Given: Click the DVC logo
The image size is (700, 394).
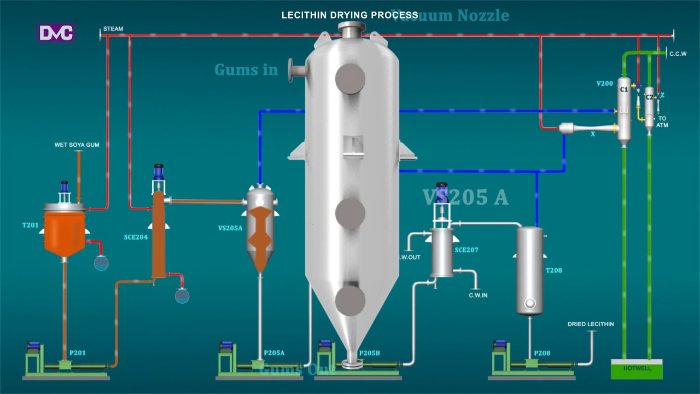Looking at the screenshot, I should tap(56, 33).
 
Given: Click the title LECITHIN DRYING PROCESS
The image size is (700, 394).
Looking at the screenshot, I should tap(349, 15).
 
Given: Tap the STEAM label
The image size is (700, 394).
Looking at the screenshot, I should tap(113, 29).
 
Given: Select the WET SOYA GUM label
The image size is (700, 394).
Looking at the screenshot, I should tap(77, 145).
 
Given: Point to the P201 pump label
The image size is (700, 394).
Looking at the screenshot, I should tap(77, 353).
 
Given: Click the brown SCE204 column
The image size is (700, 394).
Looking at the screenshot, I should tap(159, 235).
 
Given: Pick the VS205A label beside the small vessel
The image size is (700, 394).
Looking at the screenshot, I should tap(230, 228).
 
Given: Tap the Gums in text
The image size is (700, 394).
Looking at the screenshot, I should tap(246, 70).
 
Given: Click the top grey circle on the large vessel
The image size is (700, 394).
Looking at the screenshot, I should tap(350, 78).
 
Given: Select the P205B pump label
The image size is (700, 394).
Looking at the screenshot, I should tap(369, 353).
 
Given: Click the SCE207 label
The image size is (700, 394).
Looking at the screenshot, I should tap(466, 250).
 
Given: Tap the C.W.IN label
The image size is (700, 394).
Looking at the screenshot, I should tap(478, 296).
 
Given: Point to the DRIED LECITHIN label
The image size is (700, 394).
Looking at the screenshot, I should tap(591, 325).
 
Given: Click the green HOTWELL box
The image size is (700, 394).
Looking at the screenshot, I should tap(637, 369).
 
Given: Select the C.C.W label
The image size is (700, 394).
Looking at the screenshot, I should tap(678, 54).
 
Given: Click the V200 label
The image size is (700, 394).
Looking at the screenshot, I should tap(604, 84).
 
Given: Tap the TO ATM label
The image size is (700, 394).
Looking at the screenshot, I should tap(662, 121).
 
